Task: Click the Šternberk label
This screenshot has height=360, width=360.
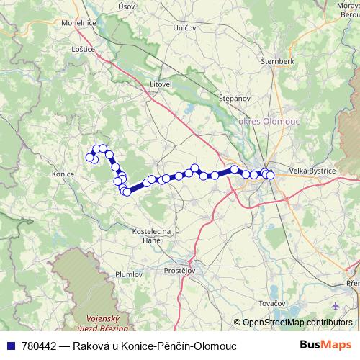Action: click(x=277, y=62)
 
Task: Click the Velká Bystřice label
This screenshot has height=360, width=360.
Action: click(x=312, y=170)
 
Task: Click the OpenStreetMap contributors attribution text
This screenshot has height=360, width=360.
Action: click(x=297, y=323)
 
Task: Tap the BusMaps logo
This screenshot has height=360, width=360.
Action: click(x=323, y=346)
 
